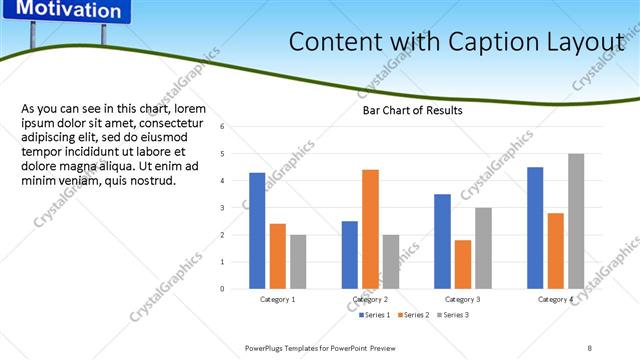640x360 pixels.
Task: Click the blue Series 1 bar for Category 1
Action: (x=257, y=231)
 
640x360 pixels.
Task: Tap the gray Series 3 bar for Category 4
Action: (x=576, y=221)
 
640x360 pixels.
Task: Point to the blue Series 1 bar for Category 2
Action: (x=349, y=255)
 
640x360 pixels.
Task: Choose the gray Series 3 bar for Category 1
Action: (x=298, y=262)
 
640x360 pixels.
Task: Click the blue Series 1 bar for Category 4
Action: (x=535, y=228)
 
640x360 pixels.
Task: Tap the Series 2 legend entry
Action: (x=413, y=315)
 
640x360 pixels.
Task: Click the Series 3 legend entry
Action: (x=452, y=315)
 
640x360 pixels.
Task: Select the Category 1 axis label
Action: (x=277, y=299)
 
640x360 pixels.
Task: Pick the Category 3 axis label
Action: (x=462, y=299)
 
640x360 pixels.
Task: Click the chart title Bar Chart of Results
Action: (x=412, y=111)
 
